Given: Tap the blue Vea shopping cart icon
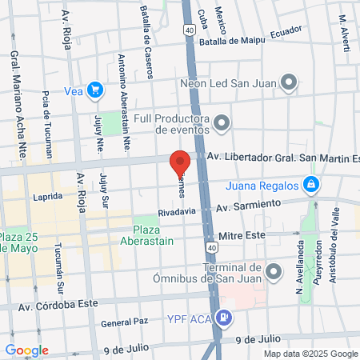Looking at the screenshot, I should pos(96,90).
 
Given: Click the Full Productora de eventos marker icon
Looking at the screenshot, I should pos(222,122).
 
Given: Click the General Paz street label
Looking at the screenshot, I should pos(126,323).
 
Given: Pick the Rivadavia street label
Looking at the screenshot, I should pos(176,212).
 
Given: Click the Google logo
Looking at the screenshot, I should pos(26,350).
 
